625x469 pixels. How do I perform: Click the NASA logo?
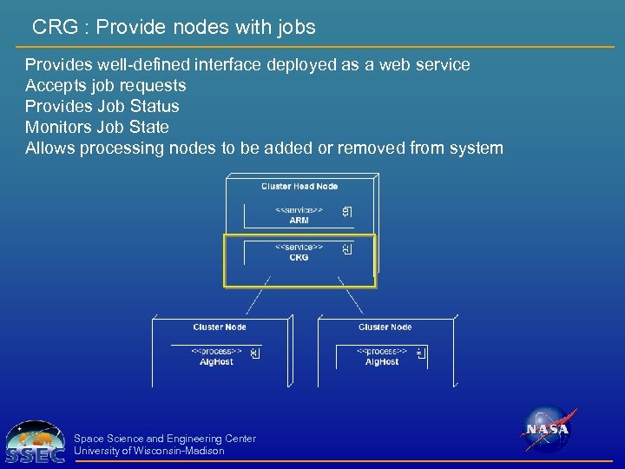[x=546, y=429]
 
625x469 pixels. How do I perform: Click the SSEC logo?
[x=35, y=442]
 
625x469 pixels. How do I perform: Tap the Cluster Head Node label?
[x=299, y=186]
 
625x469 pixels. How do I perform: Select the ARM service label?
[x=299, y=221]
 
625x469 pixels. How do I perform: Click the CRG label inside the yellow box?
[x=299, y=257]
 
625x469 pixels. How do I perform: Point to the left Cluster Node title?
[x=220, y=327]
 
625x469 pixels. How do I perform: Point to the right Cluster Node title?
[x=385, y=327]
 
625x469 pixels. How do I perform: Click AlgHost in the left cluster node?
[x=216, y=361]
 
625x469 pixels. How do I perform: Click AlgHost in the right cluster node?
[x=382, y=361]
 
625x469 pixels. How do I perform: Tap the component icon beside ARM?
[x=346, y=212]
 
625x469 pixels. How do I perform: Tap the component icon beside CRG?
[x=346, y=249]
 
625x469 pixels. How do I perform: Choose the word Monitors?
[x=59, y=127]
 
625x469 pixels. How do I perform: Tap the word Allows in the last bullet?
[x=49, y=148]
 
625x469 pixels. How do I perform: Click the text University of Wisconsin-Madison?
[x=149, y=451]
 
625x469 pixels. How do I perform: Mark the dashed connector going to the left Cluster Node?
[x=258, y=295]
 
